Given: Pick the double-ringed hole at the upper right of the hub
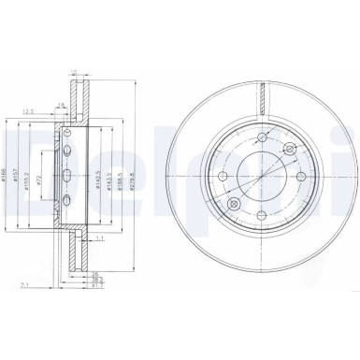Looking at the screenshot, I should [291, 150].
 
